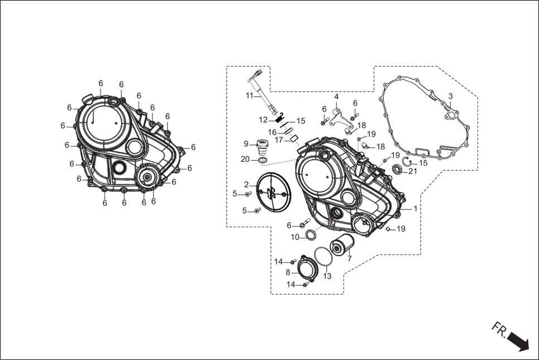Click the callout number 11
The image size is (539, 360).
tap(250, 95)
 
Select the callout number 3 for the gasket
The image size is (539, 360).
tap(451, 96)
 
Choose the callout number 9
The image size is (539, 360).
tap(246, 143)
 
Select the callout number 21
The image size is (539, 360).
tap(413, 171)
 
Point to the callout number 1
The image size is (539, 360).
tap(415, 208)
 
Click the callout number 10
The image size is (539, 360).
tap(295, 237)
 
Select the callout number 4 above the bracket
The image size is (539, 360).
tap(336, 97)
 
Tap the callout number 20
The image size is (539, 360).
tap(245, 159)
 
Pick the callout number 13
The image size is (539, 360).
tap(327, 276)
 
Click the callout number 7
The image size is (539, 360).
tap(350, 259)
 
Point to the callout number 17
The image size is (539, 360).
tap(279, 140)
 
